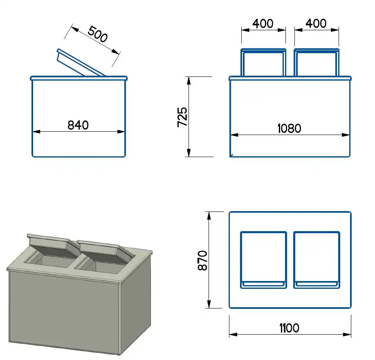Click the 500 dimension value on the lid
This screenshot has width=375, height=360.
[97, 35]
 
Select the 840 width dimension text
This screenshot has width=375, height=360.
[78, 125]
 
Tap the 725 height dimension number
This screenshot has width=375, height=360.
[182, 117]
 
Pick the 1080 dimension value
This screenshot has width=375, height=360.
[289, 128]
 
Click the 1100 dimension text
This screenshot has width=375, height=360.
[289, 328]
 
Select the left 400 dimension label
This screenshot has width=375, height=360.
[263, 24]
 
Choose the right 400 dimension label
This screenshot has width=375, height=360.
[316, 24]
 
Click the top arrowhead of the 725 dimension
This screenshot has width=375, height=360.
[189, 80]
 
